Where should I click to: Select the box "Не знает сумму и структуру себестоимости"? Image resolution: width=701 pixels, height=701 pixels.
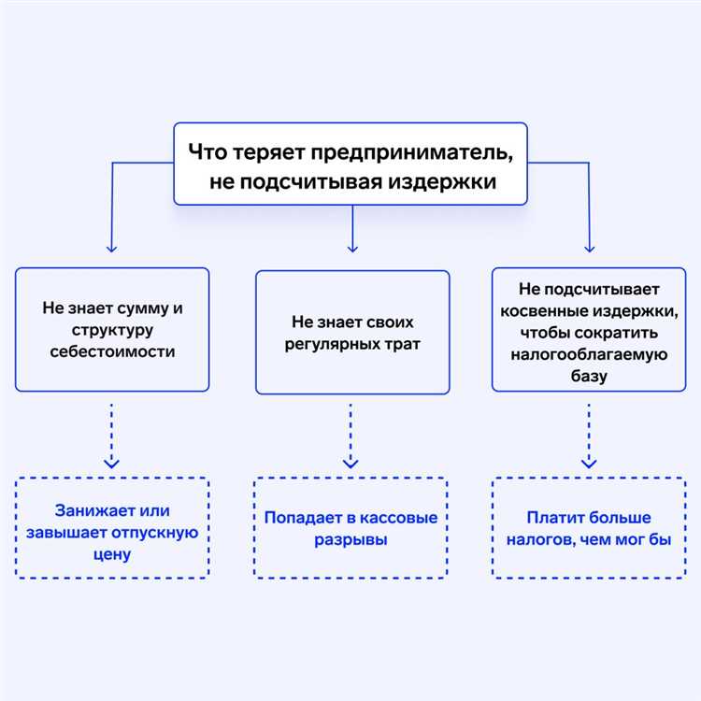click(x=111, y=329)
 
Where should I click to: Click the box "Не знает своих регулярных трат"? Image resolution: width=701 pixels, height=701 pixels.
click(x=352, y=332)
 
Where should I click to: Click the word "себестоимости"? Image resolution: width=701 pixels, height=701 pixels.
click(x=111, y=352)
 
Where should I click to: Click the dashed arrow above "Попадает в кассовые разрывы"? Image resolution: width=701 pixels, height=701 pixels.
click(x=350, y=435)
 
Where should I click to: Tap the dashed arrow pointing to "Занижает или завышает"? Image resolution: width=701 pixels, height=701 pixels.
click(x=111, y=435)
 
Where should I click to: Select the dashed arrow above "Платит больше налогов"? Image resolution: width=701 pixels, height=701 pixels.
click(x=588, y=435)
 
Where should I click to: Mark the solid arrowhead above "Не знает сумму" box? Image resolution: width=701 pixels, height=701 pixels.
click(x=111, y=249)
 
